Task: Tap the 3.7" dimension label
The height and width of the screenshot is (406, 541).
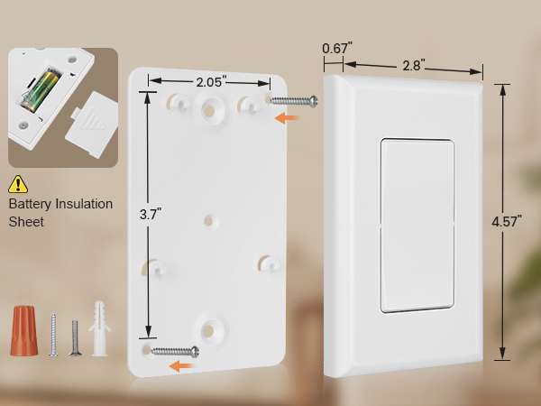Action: [x=150, y=214]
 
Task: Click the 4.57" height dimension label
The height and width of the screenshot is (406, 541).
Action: [x=505, y=221]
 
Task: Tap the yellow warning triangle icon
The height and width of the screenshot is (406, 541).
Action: [x=18, y=185]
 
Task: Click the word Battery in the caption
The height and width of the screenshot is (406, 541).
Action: [x=31, y=204]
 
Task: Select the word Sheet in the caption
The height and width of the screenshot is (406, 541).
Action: [x=26, y=221]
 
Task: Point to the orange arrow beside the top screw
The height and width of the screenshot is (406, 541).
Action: [x=288, y=117]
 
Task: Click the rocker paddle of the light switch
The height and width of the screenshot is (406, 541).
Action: [x=416, y=226]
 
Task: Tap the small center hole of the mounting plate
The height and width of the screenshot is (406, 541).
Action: [x=209, y=219]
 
